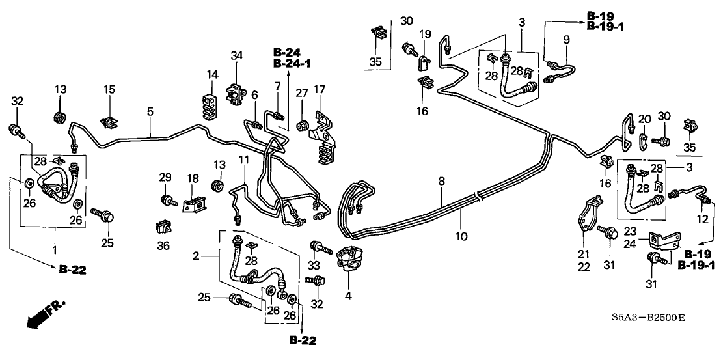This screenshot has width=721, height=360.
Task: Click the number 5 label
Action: (150, 111)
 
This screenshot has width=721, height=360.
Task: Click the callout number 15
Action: (109, 89)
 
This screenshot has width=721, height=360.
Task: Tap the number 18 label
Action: (193, 178)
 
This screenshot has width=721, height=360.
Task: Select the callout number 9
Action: (565, 39)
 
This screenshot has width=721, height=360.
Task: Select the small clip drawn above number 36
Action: (165, 228)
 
